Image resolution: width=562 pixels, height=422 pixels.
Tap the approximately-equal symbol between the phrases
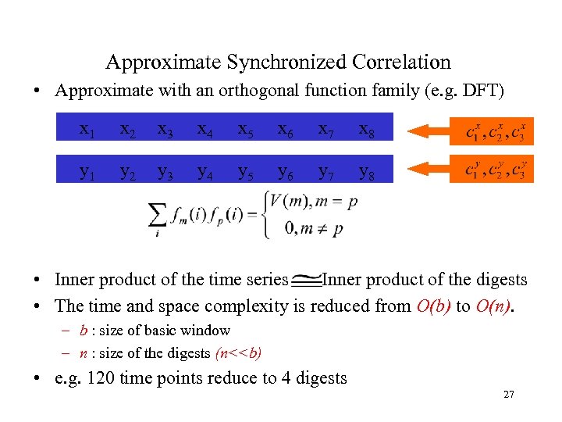click(307, 280)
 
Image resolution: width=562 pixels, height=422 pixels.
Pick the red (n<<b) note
click(237, 352)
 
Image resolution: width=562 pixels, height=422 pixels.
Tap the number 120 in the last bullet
click(99, 378)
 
